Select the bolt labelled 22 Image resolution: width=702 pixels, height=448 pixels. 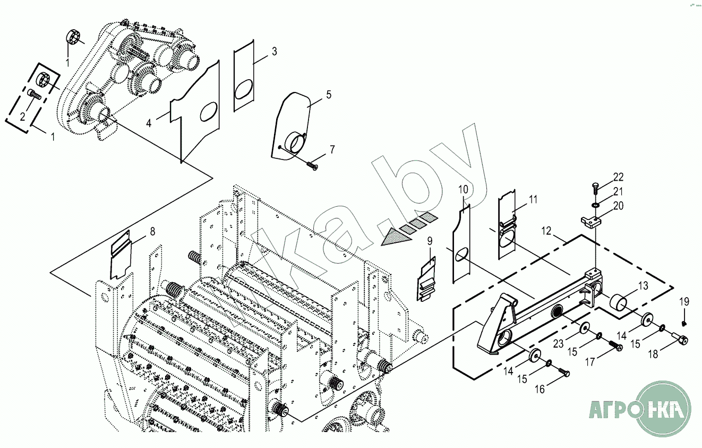[595, 188]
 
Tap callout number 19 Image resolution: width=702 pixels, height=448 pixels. [684, 301]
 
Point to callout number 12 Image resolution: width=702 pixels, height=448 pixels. [547, 232]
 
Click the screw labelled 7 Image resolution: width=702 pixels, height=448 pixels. [312, 165]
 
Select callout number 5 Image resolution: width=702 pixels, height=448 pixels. [329, 95]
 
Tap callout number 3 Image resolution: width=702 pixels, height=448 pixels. [274, 52]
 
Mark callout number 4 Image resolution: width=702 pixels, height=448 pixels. [149, 123]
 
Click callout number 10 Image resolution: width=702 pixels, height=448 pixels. [464, 189]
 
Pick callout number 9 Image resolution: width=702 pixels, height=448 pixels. [430, 241]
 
